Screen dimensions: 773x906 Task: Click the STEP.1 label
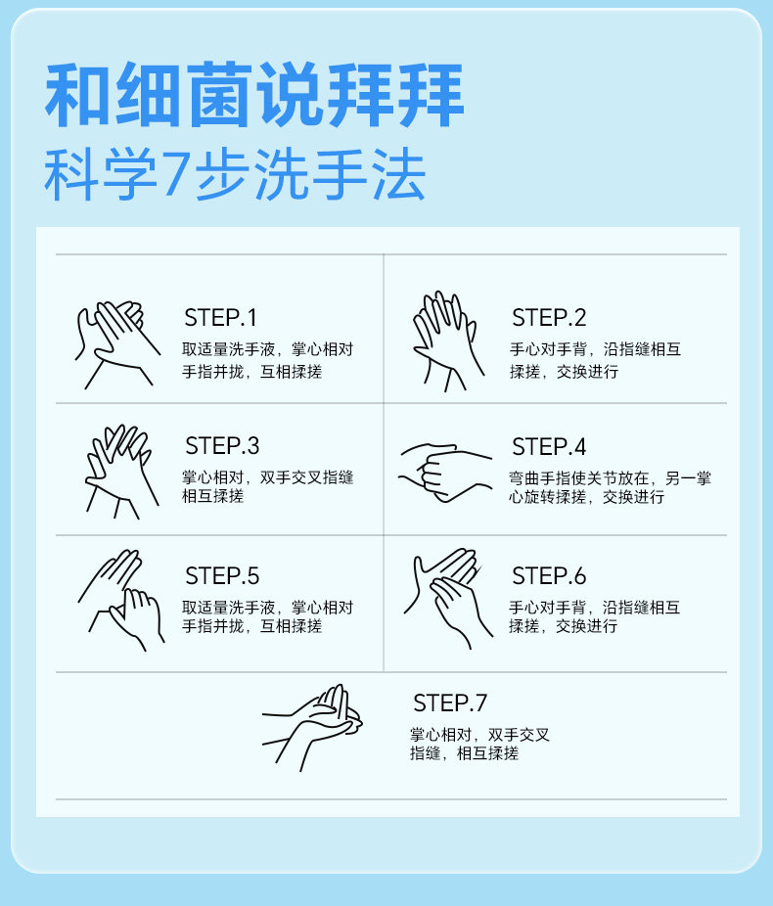pos(220,318)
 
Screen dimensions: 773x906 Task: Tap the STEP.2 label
pos(549,318)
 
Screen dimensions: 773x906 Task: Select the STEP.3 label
pos(222,446)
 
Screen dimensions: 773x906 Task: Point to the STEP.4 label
pos(549,447)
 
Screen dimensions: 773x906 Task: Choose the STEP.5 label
pos(222,576)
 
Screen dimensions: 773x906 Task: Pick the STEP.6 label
pos(549,576)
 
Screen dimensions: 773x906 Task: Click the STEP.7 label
pos(450,703)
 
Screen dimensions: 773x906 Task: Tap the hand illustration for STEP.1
pos(117,344)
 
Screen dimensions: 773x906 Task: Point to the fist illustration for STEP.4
pos(445,472)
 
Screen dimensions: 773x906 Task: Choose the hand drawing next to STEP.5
pos(121,600)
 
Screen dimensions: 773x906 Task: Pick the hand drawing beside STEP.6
pos(448,598)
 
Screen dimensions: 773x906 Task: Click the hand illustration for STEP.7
pos(312,728)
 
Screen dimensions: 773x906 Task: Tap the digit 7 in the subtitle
pos(175,173)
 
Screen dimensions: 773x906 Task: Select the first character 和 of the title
pos(78,94)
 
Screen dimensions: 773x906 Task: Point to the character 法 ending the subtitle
pos(398,173)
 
